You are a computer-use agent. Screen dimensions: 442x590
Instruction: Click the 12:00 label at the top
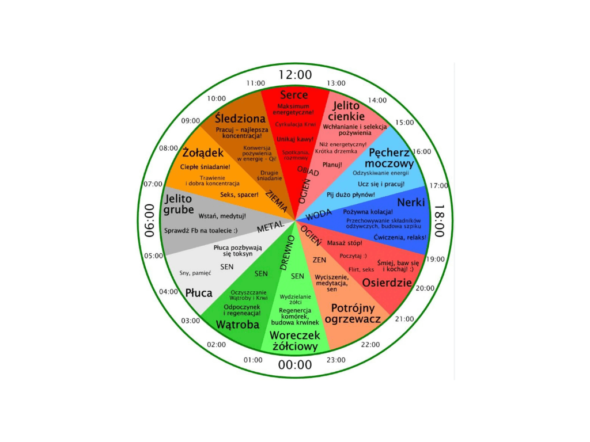point(295,75)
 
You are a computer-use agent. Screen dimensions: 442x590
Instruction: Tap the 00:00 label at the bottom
point(295,365)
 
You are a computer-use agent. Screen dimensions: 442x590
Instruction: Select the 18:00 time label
point(439,221)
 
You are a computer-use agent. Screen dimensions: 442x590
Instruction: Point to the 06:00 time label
point(150,221)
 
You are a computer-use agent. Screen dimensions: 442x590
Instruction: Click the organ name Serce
point(294,95)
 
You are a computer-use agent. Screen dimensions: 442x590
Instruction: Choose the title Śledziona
point(240,119)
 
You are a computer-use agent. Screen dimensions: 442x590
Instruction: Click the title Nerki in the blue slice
point(411,202)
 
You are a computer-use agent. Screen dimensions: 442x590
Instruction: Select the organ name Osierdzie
point(387,283)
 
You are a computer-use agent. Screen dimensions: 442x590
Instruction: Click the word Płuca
point(199,293)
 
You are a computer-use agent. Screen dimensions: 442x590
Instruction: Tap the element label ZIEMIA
point(277,202)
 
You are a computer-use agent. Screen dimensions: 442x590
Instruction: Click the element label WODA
point(319,215)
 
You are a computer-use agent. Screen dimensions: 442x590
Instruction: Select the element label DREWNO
point(288,252)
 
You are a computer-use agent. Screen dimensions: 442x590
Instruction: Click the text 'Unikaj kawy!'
point(295,139)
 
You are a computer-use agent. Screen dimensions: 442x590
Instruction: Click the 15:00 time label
point(405,122)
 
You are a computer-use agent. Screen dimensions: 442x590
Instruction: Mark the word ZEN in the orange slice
point(319,260)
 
